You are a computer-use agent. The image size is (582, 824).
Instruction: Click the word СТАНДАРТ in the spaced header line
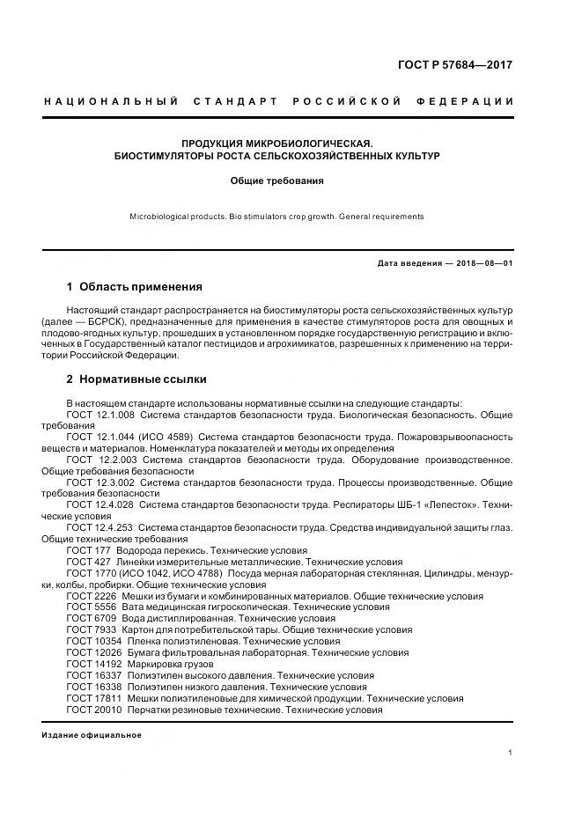tap(232, 102)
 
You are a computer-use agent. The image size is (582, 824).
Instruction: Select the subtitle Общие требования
tap(277, 181)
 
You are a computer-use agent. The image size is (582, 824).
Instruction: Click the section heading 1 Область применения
tap(135, 287)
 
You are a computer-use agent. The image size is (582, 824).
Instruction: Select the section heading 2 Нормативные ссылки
tap(136, 379)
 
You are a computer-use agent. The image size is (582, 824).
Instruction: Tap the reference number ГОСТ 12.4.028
tap(99, 505)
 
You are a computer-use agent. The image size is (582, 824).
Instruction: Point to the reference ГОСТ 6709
tap(89, 619)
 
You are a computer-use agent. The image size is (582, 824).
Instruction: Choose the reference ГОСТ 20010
tap(92, 710)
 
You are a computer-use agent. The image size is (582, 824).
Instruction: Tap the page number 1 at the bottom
tap(512, 753)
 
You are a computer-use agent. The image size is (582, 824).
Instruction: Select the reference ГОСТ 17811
tap(92, 699)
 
